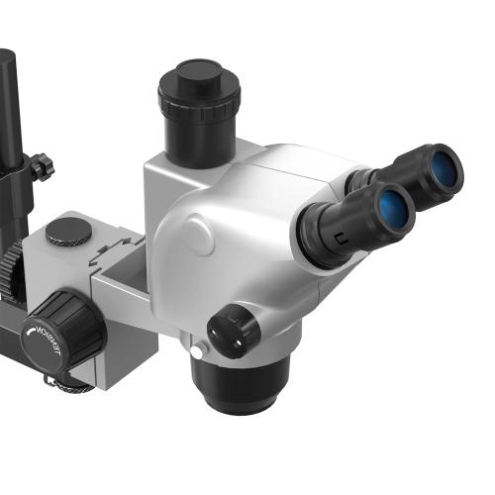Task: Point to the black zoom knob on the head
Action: tap(234, 330)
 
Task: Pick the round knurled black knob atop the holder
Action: tap(69, 232)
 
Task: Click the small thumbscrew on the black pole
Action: tap(41, 165)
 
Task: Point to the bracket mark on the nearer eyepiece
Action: tap(340, 237)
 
